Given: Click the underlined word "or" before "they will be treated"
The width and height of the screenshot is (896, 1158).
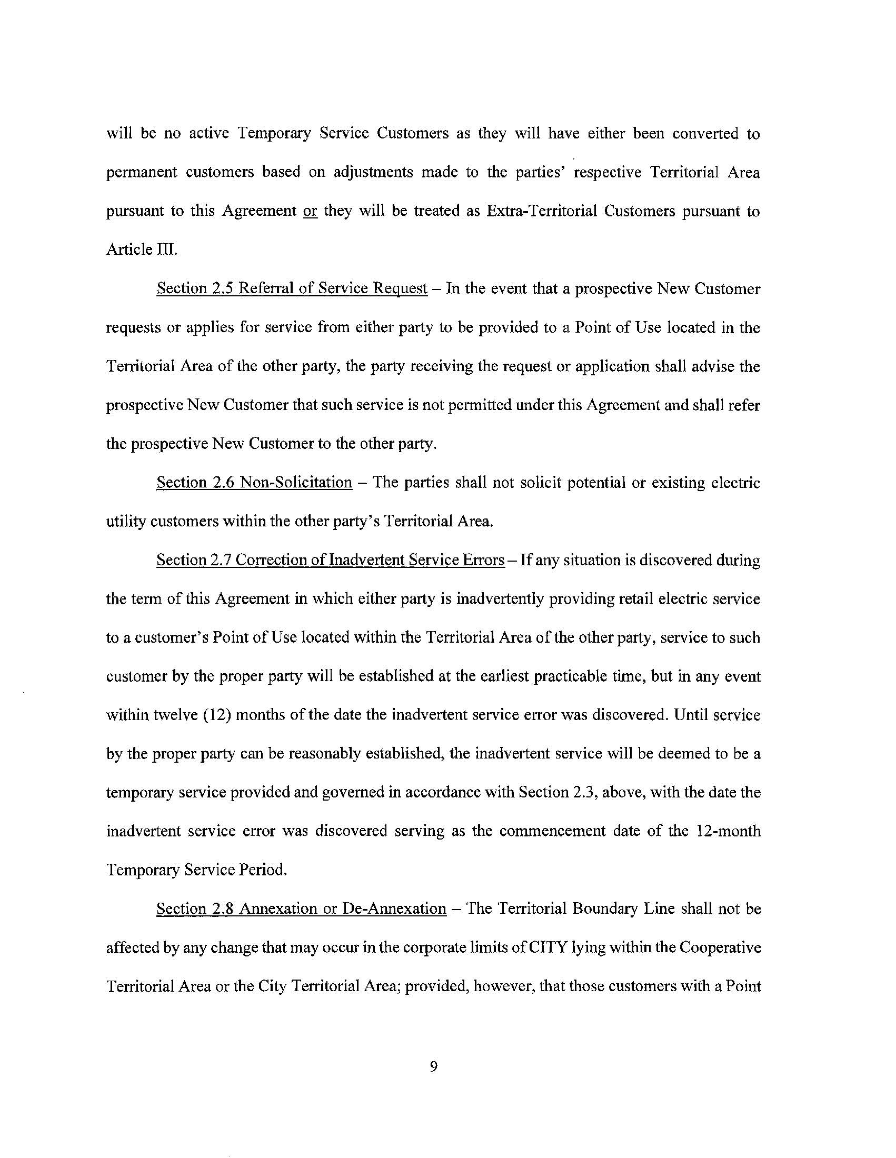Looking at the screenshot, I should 310,211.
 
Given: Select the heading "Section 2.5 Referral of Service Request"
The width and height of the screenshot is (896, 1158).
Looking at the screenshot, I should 292,288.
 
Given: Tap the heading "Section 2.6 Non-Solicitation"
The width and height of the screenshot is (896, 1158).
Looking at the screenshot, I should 254,483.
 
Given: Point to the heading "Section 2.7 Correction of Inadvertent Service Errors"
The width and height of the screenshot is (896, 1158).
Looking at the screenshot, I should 330,560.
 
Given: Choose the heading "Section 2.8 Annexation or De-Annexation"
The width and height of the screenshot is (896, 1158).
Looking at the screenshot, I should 301,909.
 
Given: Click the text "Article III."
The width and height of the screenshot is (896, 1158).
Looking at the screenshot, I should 142,249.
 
